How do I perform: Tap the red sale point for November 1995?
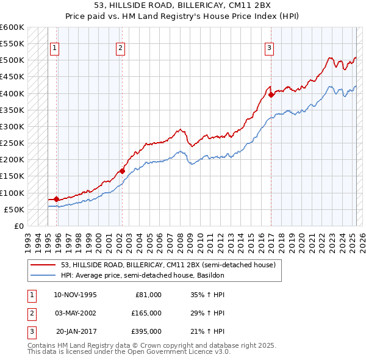pos(57,199)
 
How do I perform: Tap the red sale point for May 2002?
pos(122,171)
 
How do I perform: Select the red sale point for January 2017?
pos(271,95)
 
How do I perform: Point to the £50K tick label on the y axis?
pos(15,209)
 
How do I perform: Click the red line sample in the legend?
pos(43,265)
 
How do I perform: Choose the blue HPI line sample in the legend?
pos(43,275)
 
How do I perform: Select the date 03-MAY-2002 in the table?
pos(76,313)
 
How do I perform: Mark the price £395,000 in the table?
pos(145,331)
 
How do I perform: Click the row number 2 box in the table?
pos(30,313)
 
